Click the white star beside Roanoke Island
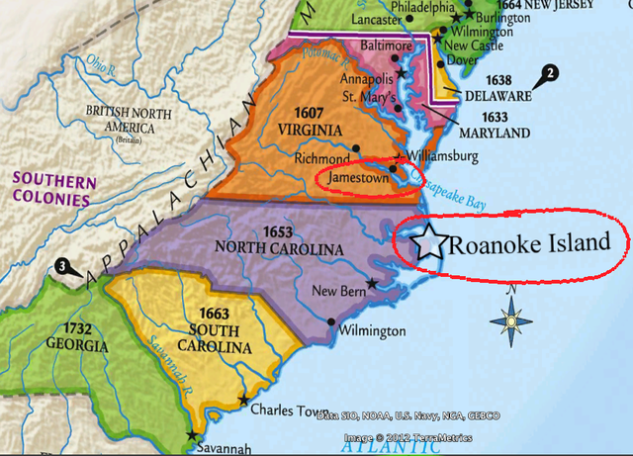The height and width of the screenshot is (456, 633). (429, 241)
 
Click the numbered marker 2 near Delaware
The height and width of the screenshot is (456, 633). (551, 72)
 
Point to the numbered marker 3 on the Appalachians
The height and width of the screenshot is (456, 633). (63, 266)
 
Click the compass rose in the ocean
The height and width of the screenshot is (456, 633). (511, 319)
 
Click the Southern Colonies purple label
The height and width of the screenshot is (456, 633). (54, 190)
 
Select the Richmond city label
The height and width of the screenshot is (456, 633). (321, 158)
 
